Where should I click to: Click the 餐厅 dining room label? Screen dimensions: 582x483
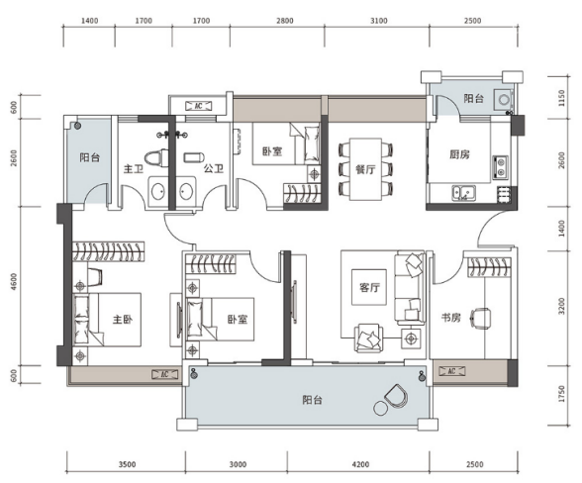365,169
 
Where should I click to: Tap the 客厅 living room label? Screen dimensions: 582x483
369,287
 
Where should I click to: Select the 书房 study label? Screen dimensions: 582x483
451,318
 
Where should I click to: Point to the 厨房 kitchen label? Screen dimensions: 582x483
459,154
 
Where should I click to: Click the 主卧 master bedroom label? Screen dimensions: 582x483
123,320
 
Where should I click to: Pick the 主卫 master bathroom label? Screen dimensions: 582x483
134,169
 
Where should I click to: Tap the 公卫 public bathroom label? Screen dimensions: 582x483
214,169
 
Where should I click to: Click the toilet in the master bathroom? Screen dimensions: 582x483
156,157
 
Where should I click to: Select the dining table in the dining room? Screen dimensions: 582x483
365,169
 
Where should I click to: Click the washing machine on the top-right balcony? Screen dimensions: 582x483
503,100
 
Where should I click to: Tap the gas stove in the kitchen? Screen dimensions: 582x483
501,166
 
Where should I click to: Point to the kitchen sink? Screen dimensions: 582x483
463,193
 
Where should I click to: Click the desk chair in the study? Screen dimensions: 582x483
480,318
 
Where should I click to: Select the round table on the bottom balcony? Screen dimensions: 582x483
380,409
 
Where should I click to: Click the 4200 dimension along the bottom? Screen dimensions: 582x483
360,464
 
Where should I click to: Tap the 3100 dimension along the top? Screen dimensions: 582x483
378,21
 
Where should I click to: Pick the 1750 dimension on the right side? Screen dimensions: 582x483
561,394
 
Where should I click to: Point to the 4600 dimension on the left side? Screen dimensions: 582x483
14,281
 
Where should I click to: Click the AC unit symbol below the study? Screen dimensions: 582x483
451,371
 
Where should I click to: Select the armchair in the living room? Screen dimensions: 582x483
368,338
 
